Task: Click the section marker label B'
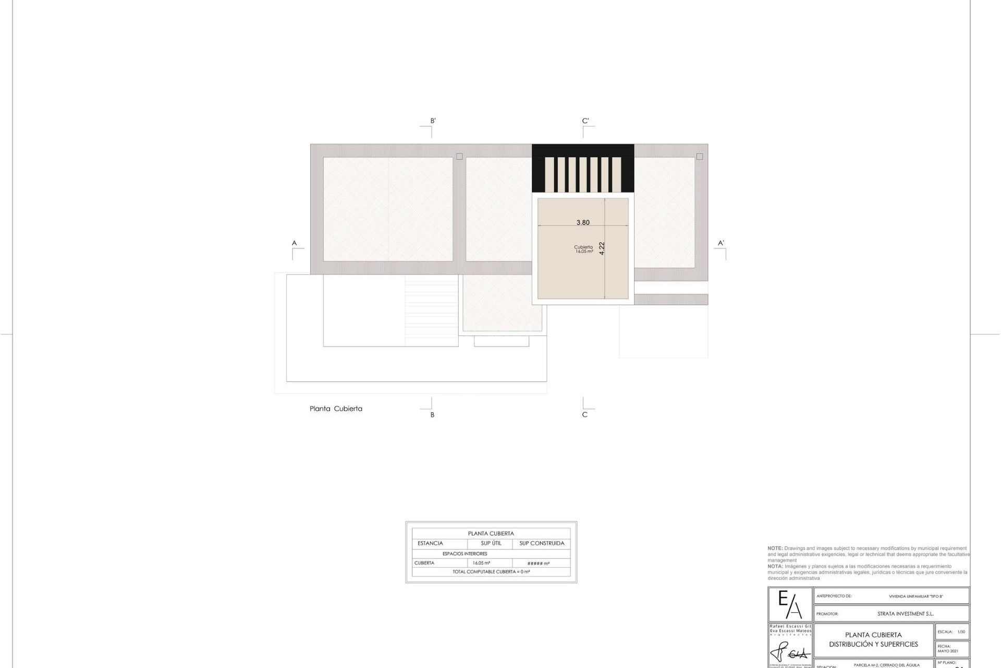(x=433, y=121)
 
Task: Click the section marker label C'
(x=585, y=121)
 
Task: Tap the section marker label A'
(x=721, y=243)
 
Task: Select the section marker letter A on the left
(x=294, y=243)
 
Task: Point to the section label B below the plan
(x=432, y=415)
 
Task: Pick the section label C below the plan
(x=584, y=415)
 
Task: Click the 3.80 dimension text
(x=583, y=222)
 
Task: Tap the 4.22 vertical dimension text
(x=602, y=248)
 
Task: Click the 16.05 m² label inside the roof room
(x=584, y=252)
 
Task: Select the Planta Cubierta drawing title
(x=336, y=409)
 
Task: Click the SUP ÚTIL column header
(x=491, y=543)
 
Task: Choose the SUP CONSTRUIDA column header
(x=542, y=543)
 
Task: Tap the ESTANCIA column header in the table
(x=430, y=543)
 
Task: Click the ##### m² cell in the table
(x=539, y=564)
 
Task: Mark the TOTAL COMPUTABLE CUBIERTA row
(x=491, y=572)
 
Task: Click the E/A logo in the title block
(x=790, y=605)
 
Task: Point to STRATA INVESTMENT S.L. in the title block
(x=905, y=614)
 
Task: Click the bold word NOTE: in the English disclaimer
(x=775, y=548)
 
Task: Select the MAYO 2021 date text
(x=947, y=651)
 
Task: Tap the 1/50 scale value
(x=961, y=632)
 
